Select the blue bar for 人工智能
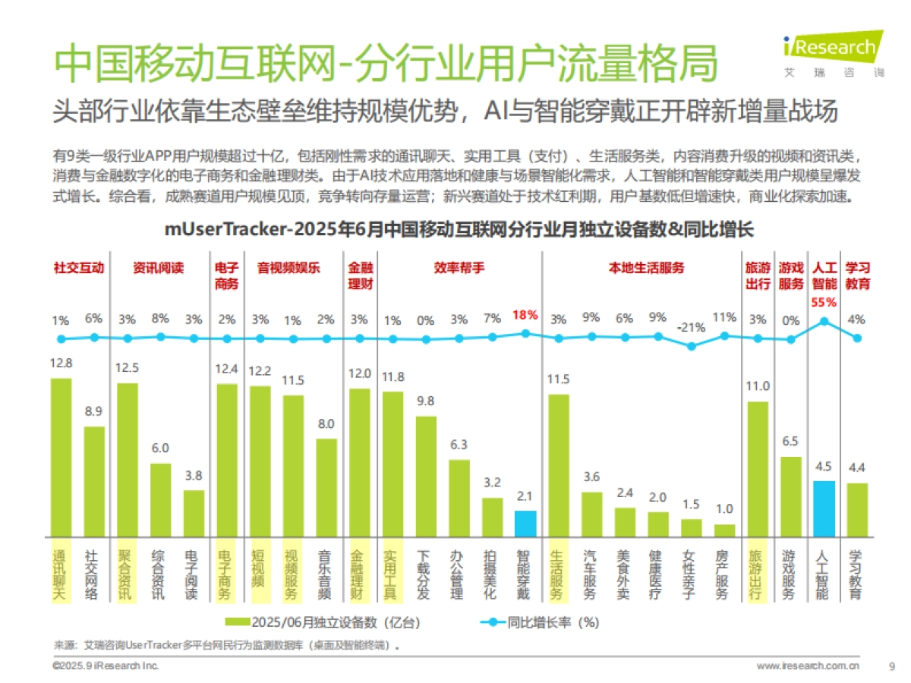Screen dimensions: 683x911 pyautogui.click(x=824, y=508)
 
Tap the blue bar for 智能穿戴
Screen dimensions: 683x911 pyautogui.click(x=525, y=524)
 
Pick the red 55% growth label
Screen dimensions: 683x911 pyautogui.click(x=824, y=301)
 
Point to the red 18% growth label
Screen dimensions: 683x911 pyautogui.click(x=525, y=314)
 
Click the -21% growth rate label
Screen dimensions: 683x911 pyautogui.click(x=692, y=328)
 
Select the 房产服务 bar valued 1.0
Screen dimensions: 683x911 pyautogui.click(x=724, y=530)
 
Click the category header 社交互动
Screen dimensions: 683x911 pyautogui.click(x=78, y=268)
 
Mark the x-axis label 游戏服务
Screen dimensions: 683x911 pyautogui.click(x=790, y=575)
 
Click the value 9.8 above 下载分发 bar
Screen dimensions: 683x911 pyautogui.click(x=426, y=401)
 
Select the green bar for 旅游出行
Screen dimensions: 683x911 pyautogui.click(x=758, y=469)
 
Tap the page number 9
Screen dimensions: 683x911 pyautogui.click(x=891, y=666)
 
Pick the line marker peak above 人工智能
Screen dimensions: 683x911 pyautogui.click(x=824, y=321)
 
